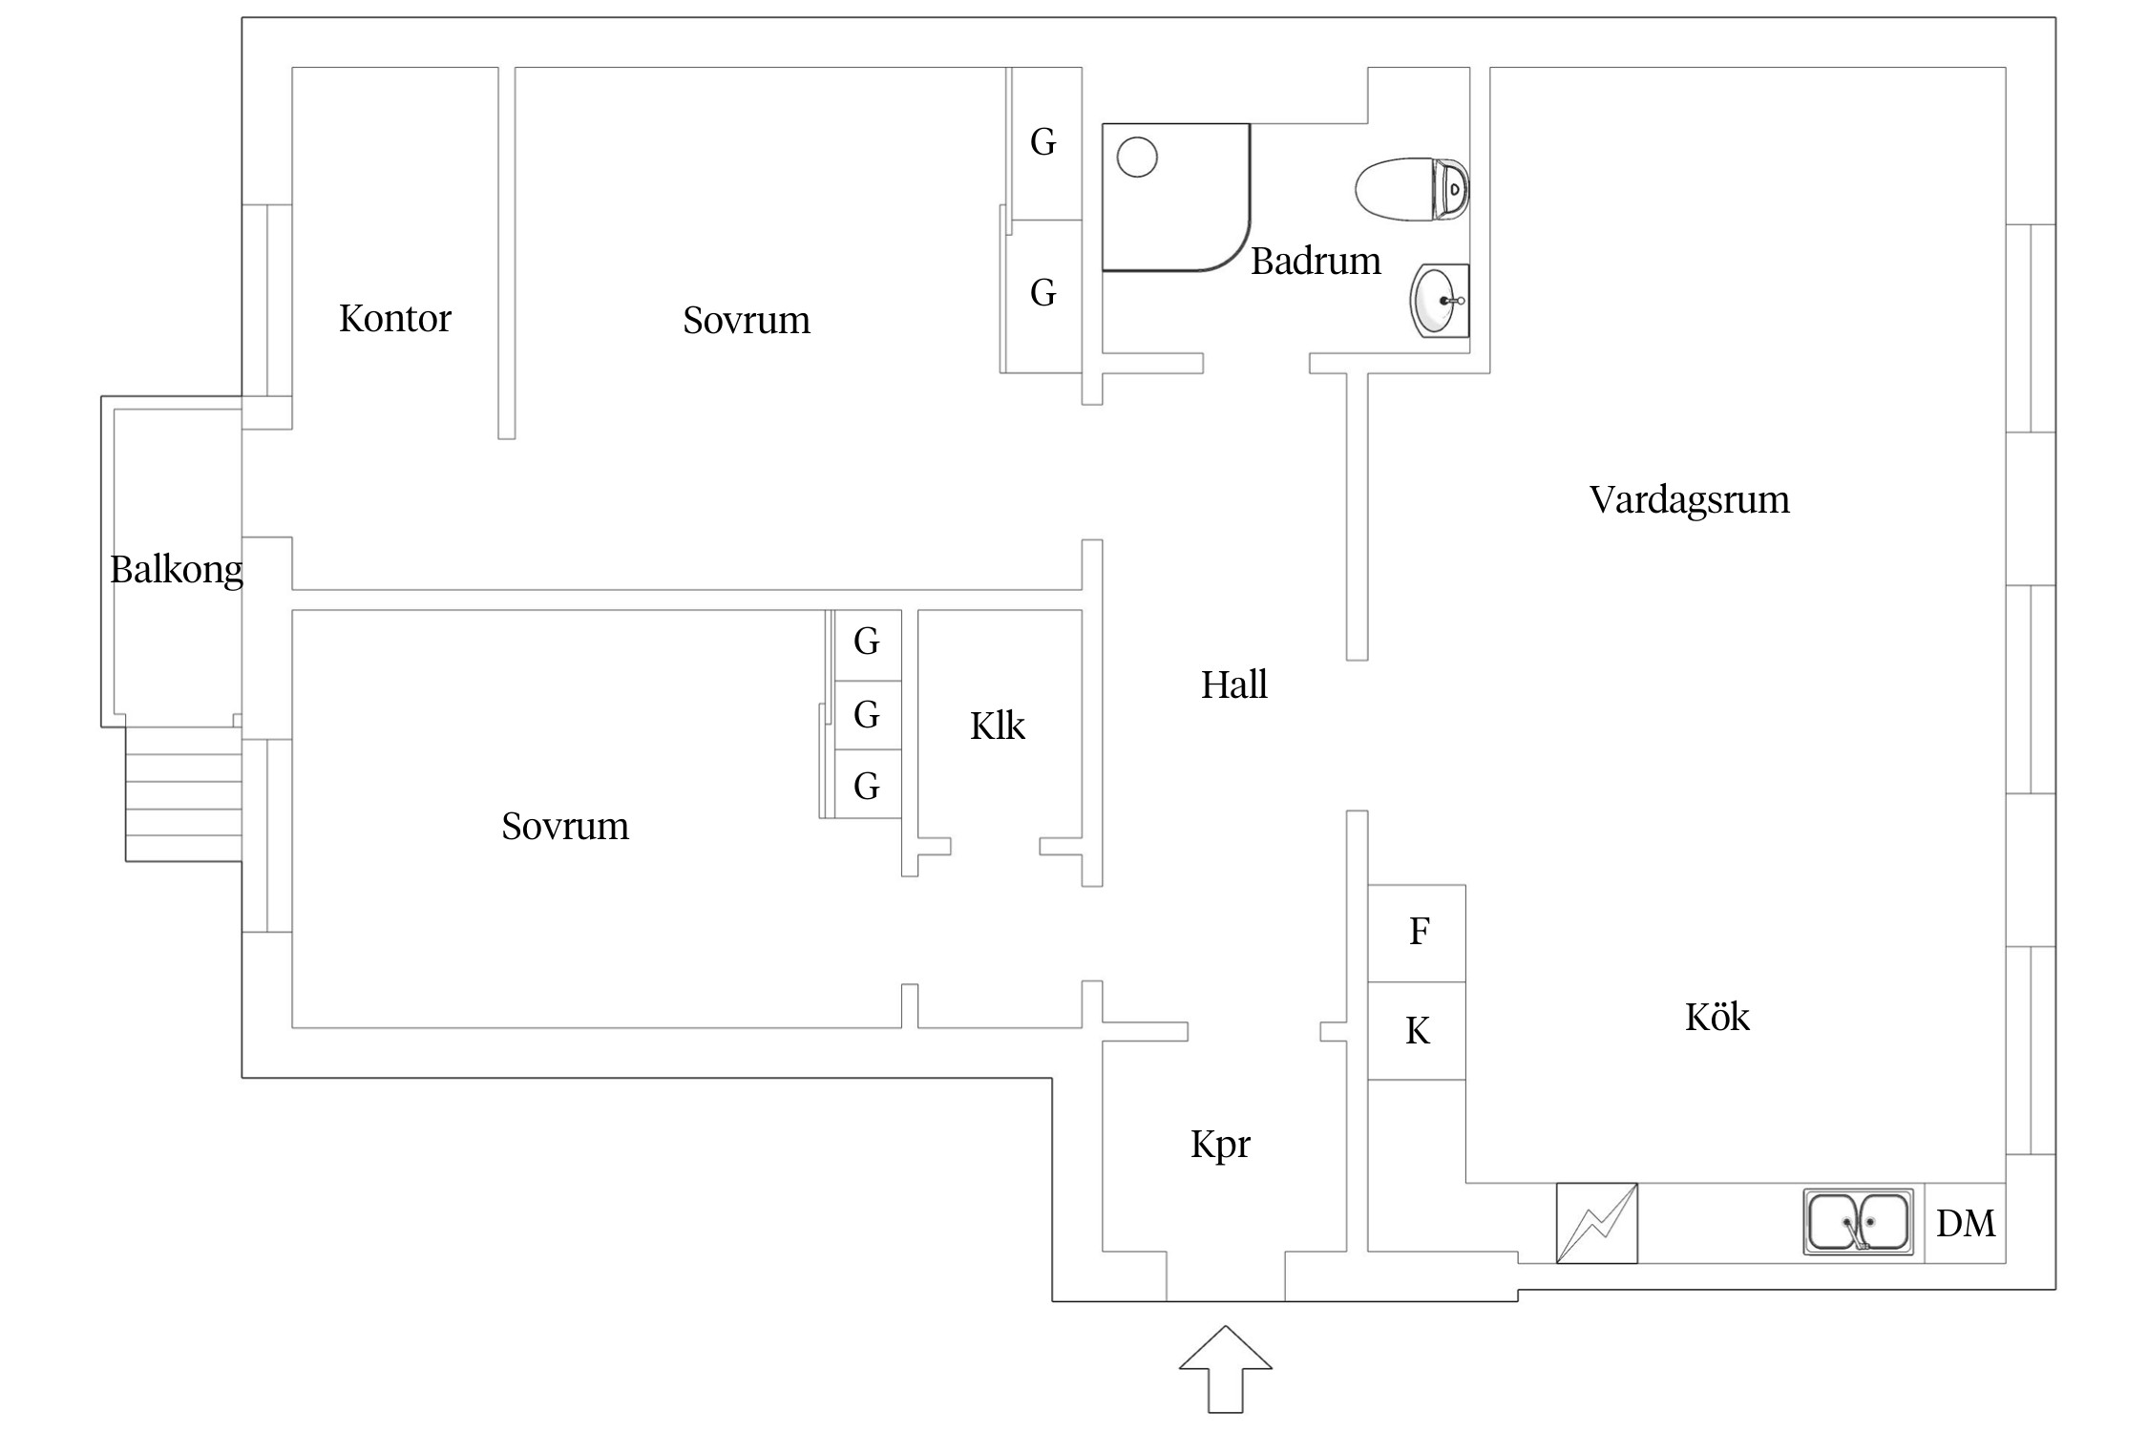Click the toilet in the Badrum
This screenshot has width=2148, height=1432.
click(x=1411, y=189)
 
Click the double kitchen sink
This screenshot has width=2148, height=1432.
click(x=1858, y=1221)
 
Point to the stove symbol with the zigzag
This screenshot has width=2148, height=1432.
click(x=1596, y=1223)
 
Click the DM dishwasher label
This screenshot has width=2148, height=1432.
click(x=1965, y=1223)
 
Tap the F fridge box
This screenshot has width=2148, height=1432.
click(x=1417, y=933)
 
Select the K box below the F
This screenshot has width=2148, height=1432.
click(x=1417, y=1031)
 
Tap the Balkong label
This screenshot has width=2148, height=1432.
click(x=177, y=570)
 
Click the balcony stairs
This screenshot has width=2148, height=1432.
click(x=183, y=808)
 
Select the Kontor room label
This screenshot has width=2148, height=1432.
click(x=394, y=319)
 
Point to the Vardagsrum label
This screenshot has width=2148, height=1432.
click(x=1688, y=500)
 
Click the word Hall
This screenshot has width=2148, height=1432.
click(x=1233, y=684)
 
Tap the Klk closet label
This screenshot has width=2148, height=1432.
click(x=997, y=727)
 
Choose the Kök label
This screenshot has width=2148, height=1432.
click(x=1716, y=1018)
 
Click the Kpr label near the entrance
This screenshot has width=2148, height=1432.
click(x=1219, y=1144)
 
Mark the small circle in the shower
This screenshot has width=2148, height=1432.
click(x=1136, y=157)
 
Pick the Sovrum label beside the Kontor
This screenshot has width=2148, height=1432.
click(x=746, y=321)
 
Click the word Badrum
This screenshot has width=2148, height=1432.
click(x=1315, y=262)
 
